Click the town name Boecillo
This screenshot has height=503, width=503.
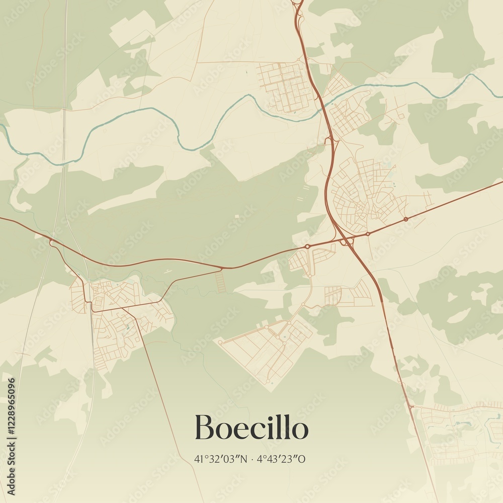251,428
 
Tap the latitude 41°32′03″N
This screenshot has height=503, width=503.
222,459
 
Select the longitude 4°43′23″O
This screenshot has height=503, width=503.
281,459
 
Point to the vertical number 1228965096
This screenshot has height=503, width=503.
12,437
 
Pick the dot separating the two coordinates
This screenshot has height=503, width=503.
251,459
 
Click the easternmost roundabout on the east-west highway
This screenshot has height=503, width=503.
405,219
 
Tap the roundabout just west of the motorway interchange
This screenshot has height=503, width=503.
307,246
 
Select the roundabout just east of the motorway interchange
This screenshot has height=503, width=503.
368,233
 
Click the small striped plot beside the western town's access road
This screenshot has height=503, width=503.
220,282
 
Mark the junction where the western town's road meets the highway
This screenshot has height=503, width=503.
52,243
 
